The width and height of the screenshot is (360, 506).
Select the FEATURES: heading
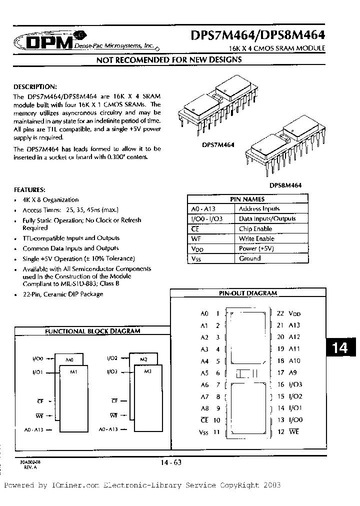click(x=29, y=190)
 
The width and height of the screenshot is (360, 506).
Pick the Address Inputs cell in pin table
click(x=259, y=208)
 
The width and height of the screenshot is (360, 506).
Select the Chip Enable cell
click(x=255, y=228)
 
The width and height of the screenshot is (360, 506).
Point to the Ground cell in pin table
click(x=250, y=258)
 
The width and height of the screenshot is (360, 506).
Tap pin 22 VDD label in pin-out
click(x=288, y=313)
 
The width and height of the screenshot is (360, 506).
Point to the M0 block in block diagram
click(x=69, y=359)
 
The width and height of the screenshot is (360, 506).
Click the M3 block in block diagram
click(x=147, y=371)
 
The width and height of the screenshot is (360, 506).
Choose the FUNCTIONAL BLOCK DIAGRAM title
click(x=92, y=330)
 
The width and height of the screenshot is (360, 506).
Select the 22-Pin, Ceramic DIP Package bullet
click(x=63, y=294)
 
